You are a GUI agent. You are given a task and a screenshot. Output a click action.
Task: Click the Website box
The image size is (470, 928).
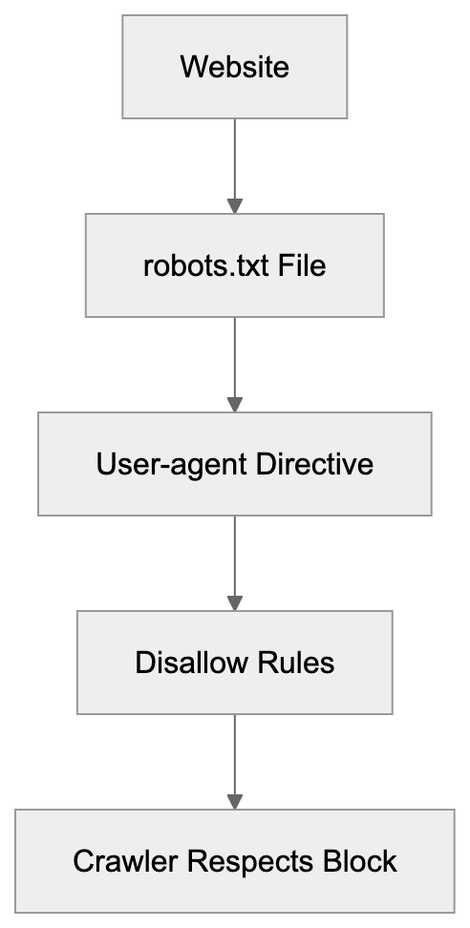coord(234,68)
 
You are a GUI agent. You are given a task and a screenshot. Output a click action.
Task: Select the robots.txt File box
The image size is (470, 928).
coord(234,265)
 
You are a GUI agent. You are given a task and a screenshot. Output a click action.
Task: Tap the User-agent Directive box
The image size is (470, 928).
coord(234,464)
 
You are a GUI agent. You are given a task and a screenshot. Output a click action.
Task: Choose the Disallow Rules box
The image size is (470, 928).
coord(234,663)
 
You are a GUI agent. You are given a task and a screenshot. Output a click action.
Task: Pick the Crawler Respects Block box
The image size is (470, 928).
coord(234,861)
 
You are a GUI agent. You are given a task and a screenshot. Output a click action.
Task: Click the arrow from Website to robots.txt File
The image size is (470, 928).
coord(234,162)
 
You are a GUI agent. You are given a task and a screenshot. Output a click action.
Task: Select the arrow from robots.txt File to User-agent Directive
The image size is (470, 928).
coord(234,361)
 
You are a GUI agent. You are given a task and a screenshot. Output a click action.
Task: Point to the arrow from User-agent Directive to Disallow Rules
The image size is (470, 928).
coord(234,559)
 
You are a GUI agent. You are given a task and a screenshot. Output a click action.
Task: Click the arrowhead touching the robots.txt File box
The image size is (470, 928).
coord(234,205)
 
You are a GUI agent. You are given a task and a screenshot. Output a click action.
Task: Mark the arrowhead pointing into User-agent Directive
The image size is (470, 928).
coord(234,404)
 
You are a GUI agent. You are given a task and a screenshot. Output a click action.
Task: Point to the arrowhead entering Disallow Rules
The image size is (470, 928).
coord(234,602)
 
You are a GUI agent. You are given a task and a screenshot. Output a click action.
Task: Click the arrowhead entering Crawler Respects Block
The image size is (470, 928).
coord(234,801)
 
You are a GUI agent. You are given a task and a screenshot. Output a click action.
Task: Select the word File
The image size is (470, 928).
coord(303,265)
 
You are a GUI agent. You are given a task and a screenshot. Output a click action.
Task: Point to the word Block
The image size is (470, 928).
coord(358,861)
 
